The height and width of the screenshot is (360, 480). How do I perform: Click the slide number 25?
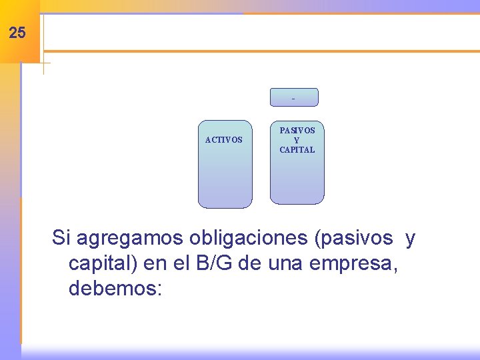click(x=18, y=33)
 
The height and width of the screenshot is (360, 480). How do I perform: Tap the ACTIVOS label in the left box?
click(x=224, y=140)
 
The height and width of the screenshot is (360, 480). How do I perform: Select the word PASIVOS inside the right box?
click(x=297, y=131)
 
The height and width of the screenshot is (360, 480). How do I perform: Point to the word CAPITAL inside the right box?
click(x=297, y=150)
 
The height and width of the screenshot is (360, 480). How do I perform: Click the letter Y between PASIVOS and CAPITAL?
click(x=297, y=141)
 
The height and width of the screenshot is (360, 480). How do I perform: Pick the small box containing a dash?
click(x=294, y=97)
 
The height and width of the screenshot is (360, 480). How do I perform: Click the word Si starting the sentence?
click(x=61, y=237)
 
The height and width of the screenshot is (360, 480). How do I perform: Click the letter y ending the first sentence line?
click(x=410, y=237)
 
